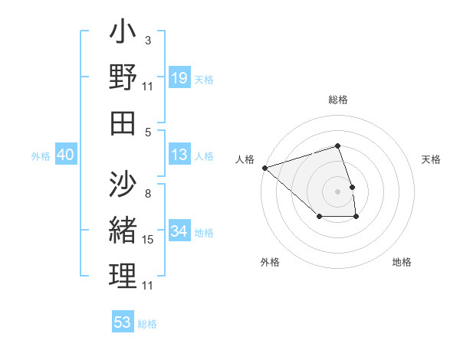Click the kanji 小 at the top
[x=123, y=34]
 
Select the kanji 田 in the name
[x=123, y=123]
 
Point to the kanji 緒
[x=123, y=231]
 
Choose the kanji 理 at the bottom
[x=123, y=275]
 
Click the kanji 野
[x=123, y=79]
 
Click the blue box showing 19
[x=179, y=78]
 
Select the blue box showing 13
[x=179, y=155]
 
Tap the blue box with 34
[x=179, y=232]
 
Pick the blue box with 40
[x=66, y=155]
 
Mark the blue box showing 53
[x=123, y=322]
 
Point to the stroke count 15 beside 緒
[x=148, y=240]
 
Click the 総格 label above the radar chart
[x=337, y=100]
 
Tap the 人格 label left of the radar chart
[x=244, y=160]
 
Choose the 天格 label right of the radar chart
[x=431, y=160]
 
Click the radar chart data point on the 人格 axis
[x=264, y=167]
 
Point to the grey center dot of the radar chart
[x=337, y=191]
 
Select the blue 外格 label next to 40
[x=41, y=156]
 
